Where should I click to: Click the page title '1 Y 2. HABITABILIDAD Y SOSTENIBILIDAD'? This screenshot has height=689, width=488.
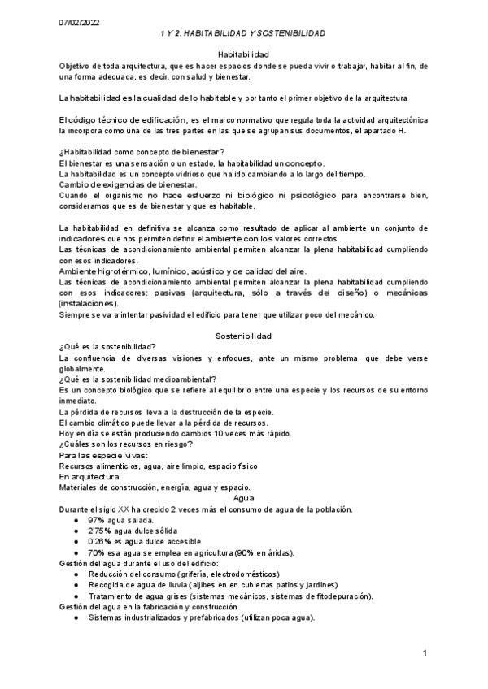[x=242, y=33]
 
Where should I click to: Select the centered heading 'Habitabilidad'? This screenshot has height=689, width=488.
[x=242, y=54]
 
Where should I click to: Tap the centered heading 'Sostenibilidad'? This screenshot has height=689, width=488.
[x=243, y=336]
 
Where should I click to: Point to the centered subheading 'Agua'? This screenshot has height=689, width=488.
[x=243, y=497]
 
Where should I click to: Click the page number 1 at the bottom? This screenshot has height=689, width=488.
[x=425, y=653]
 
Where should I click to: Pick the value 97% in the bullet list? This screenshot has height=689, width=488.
[x=98, y=520]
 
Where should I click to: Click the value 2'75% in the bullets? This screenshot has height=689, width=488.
[x=101, y=531]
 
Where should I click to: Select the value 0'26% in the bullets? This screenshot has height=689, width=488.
[x=101, y=541]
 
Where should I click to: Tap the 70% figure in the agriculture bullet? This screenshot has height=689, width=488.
[x=98, y=552]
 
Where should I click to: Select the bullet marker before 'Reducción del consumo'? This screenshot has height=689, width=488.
[x=76, y=574]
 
